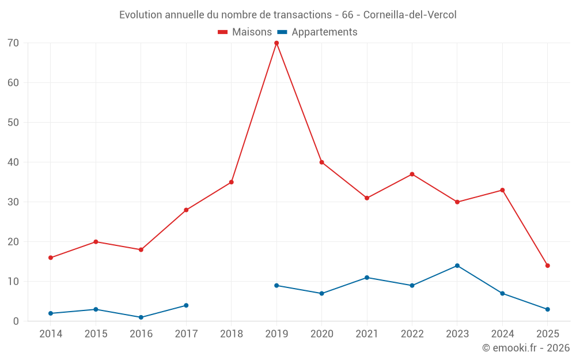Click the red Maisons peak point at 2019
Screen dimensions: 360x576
(276, 43)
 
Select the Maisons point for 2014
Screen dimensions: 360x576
(51, 257)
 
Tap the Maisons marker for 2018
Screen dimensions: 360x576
(232, 182)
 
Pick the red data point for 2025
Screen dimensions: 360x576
(548, 266)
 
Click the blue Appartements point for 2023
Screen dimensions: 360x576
(457, 266)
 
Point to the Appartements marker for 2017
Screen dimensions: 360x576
(186, 305)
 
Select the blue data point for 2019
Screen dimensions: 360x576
(276, 286)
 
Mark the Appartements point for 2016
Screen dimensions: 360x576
(141, 317)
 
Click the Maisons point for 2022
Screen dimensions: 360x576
(412, 174)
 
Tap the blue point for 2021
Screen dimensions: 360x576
(367, 278)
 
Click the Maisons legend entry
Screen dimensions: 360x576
(245, 32)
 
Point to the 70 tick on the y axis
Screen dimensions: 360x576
(13, 43)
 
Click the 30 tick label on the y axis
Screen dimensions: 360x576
(13, 202)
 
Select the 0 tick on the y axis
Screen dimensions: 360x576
(16, 321)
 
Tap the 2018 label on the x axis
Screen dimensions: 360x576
(232, 334)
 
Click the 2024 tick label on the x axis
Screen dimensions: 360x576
(502, 334)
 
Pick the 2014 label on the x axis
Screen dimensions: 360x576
(51, 334)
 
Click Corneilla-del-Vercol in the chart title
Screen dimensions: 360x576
(410, 15)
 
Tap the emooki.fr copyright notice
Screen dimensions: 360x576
(525, 348)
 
